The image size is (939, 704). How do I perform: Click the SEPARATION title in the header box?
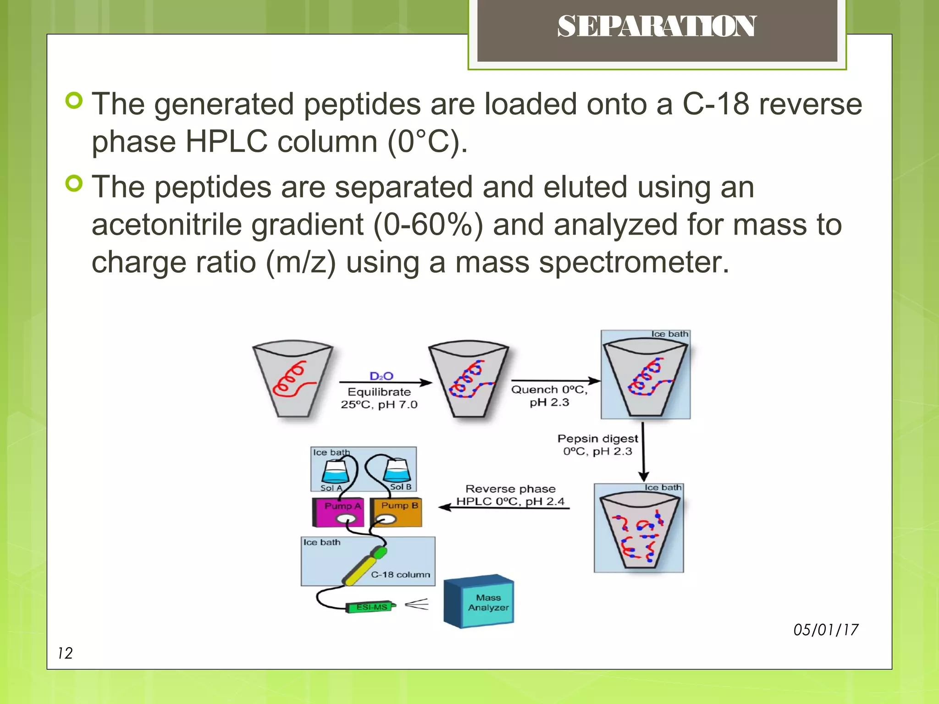tap(657, 27)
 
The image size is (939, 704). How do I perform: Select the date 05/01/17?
tap(826, 630)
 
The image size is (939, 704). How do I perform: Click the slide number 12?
tap(65, 653)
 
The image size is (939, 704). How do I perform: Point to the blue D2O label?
tap(381, 376)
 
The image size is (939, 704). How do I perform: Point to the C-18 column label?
tap(401, 575)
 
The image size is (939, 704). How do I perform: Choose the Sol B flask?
tap(397, 471)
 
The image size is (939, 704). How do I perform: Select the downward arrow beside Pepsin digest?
tap(643, 451)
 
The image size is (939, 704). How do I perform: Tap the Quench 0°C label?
tap(549, 390)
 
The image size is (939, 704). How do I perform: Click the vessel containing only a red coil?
tap(293, 379)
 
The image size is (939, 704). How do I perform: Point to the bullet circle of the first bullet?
tap(74, 100)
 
